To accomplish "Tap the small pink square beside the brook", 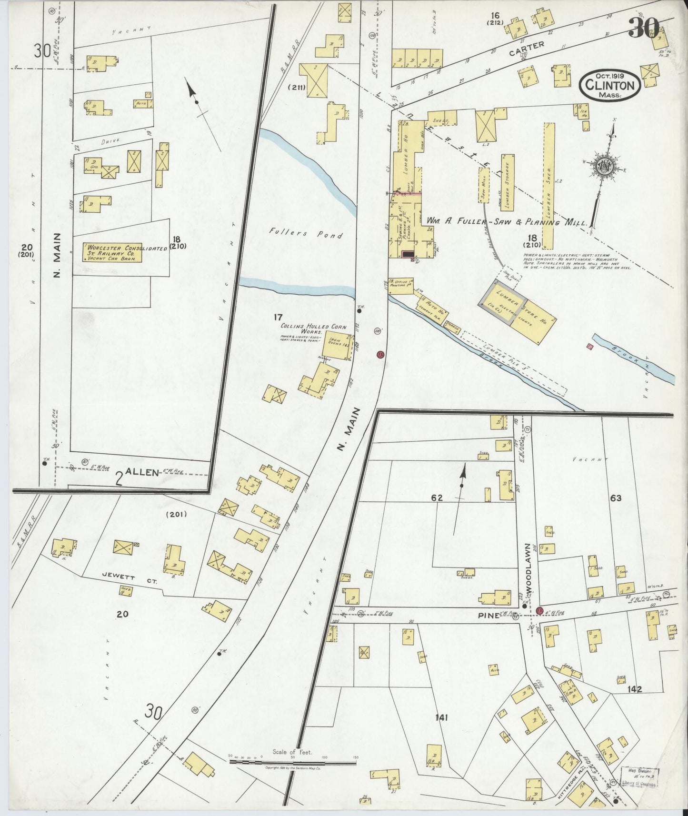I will pos(590,346).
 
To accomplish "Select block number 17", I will pos(278,317).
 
